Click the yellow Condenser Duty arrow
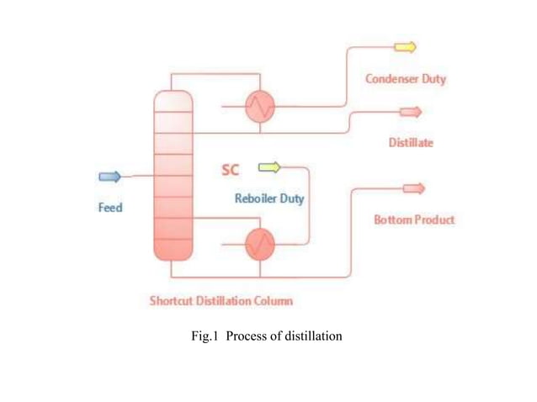[405, 47]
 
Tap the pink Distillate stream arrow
[410, 112]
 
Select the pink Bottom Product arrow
[414, 188]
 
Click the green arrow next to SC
[268, 167]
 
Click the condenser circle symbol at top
[260, 106]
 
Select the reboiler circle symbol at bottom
[260, 243]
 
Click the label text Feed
[110, 207]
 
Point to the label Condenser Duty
[405, 79]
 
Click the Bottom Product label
[413, 220]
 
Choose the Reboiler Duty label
[269, 199]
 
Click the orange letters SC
[230, 170]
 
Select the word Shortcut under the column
[172, 299]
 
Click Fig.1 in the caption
[205, 336]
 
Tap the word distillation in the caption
[311, 336]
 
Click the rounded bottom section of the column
[173, 251]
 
